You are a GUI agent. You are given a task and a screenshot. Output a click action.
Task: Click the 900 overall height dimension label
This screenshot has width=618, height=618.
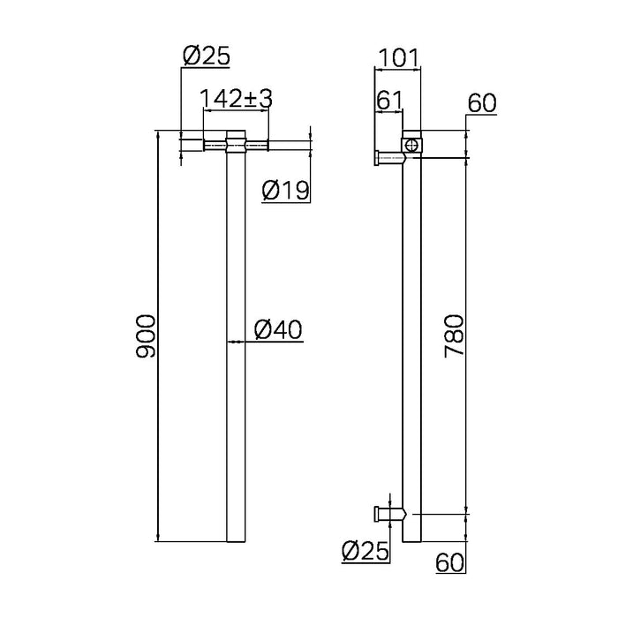(x=147, y=336)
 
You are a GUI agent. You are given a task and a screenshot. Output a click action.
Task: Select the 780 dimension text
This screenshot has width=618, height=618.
(x=453, y=336)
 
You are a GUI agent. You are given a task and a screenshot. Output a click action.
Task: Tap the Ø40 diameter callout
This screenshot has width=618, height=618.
(x=278, y=330)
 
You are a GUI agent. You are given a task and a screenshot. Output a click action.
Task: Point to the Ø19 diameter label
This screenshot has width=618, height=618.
(x=285, y=190)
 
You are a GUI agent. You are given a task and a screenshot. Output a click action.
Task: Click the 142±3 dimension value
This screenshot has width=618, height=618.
(x=236, y=99)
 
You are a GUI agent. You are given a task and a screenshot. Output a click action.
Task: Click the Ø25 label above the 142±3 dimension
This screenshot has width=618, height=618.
(x=206, y=57)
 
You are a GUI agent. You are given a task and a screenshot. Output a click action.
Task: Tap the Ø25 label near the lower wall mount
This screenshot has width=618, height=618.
(x=365, y=553)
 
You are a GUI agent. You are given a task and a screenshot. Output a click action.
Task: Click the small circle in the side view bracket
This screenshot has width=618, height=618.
(x=412, y=144)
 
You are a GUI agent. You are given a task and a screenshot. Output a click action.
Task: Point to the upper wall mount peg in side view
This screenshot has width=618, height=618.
(x=388, y=158)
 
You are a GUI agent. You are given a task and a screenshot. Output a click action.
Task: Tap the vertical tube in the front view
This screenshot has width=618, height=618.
(x=235, y=353)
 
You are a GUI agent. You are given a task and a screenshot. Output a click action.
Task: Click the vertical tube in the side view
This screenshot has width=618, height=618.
(x=412, y=353)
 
